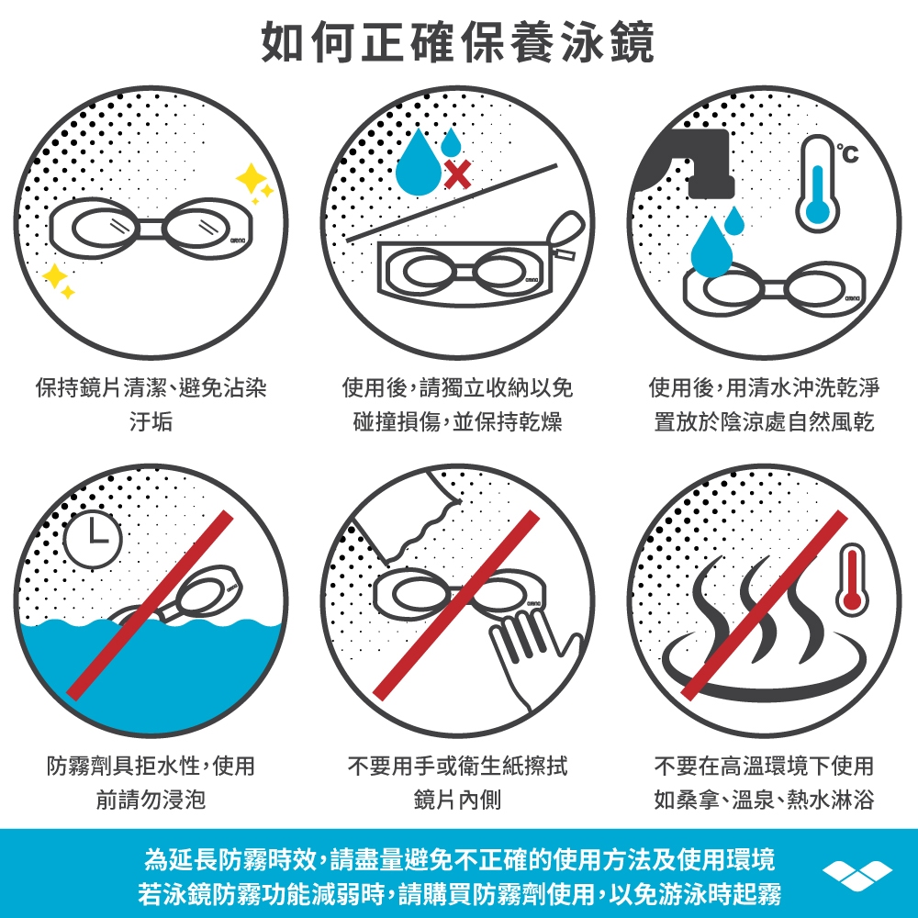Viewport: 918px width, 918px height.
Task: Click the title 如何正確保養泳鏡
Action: [458, 41]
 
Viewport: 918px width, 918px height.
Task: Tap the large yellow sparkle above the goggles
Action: [251, 178]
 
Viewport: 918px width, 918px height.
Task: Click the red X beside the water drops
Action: [457, 174]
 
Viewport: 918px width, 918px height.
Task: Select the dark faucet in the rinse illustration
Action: [688, 161]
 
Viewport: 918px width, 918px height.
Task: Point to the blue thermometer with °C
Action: [819, 183]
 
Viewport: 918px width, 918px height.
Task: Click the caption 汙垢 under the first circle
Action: [151, 421]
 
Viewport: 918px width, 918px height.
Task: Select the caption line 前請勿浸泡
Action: [151, 800]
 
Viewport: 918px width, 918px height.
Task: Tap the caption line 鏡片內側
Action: [457, 800]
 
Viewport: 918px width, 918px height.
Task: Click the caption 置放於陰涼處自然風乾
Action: [764, 421]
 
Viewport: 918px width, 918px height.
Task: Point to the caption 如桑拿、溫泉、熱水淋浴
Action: [764, 800]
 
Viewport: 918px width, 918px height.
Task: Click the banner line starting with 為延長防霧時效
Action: [460, 859]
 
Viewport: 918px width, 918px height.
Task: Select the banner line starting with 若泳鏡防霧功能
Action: [460, 893]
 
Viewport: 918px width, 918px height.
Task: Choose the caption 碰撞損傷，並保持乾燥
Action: [457, 421]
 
